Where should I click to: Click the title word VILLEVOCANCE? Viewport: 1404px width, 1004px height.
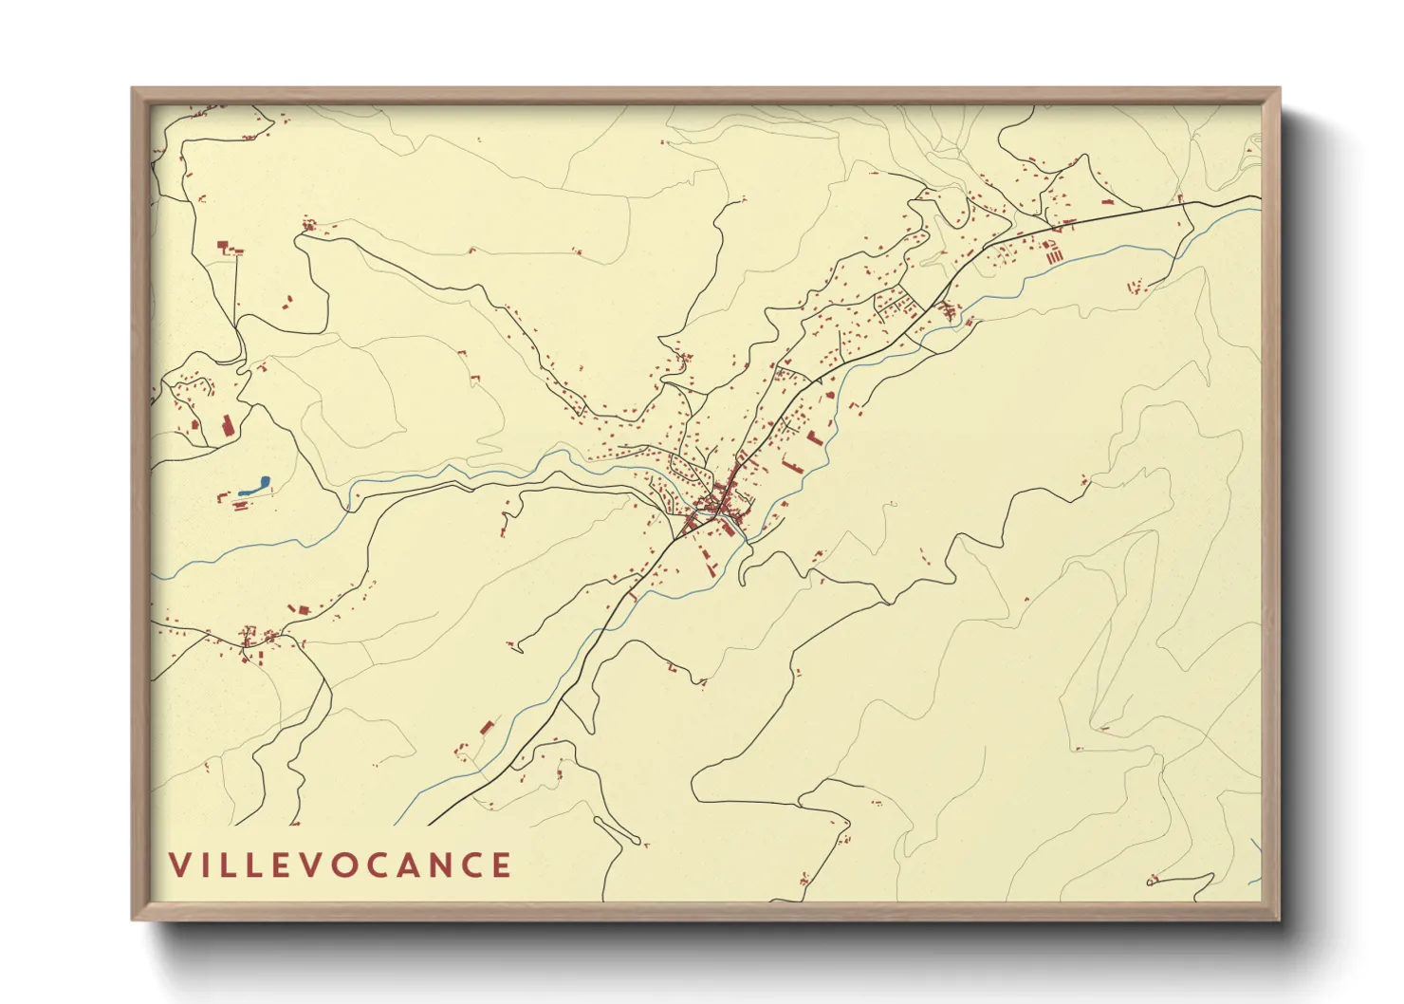(341, 865)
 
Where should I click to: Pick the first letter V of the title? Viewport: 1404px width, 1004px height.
(179, 865)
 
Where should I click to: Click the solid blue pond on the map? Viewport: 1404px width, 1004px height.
(253, 486)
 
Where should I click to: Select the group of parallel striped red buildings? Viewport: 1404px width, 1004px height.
(1051, 251)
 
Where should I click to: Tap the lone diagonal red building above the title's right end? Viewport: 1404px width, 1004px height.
(487, 728)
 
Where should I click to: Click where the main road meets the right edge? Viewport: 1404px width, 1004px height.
(1259, 196)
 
